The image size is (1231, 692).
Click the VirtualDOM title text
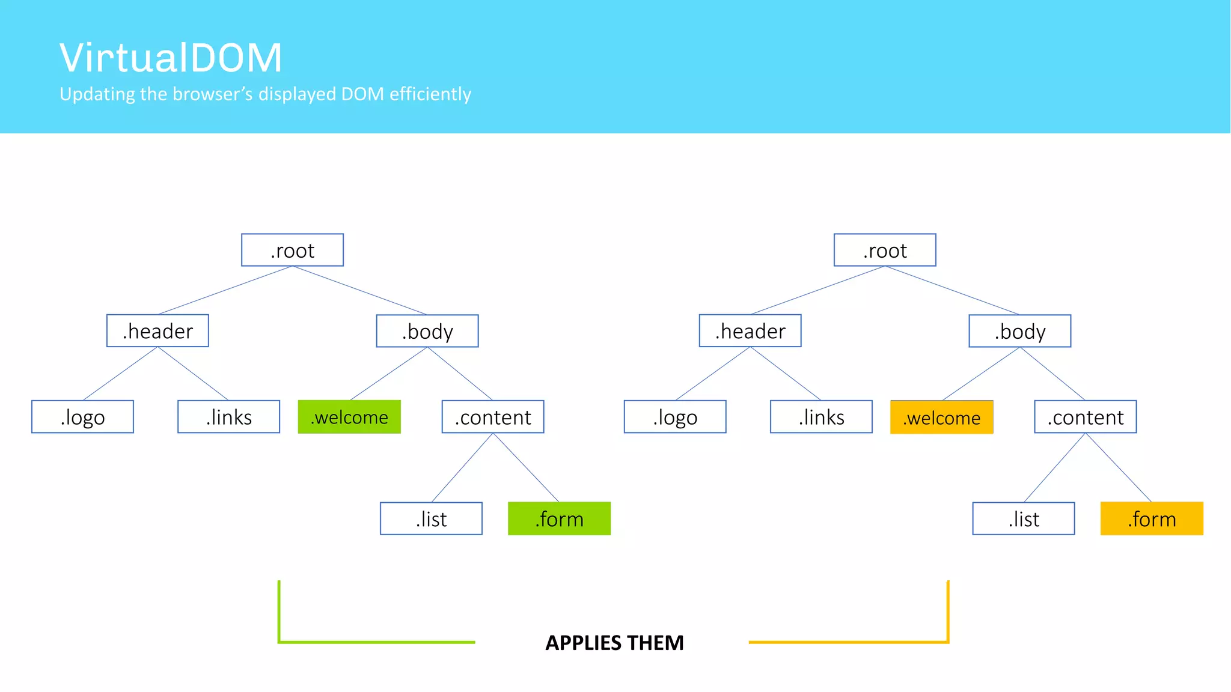(x=171, y=58)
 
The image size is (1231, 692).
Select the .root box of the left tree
(x=292, y=250)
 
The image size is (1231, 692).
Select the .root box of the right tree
(x=885, y=250)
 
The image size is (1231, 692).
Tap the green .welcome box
(x=349, y=417)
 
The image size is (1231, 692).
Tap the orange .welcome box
(x=941, y=417)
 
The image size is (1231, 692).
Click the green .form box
(x=559, y=518)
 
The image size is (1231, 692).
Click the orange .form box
(x=1152, y=518)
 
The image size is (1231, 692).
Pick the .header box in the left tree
(x=157, y=331)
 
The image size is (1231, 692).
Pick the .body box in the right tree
(x=1019, y=331)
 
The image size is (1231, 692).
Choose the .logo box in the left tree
(x=82, y=417)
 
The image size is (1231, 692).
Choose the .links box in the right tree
(x=821, y=417)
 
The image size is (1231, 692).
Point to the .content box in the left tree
(x=493, y=417)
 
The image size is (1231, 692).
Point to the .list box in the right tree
(x=1024, y=518)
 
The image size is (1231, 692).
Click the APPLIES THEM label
(x=614, y=643)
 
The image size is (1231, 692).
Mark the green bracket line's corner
(x=279, y=642)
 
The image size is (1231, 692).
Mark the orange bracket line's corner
(x=947, y=642)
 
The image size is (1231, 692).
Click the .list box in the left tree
(x=431, y=518)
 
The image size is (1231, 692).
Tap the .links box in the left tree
(x=228, y=417)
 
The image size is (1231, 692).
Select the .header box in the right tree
(x=750, y=331)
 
